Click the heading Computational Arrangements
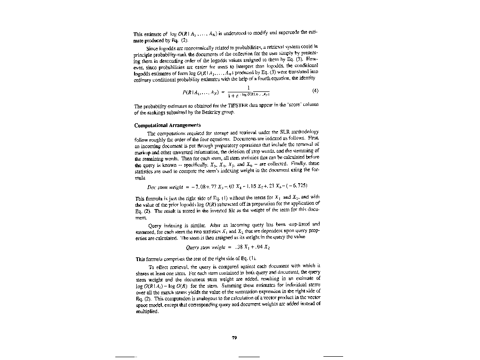click(x=167, y=125)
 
